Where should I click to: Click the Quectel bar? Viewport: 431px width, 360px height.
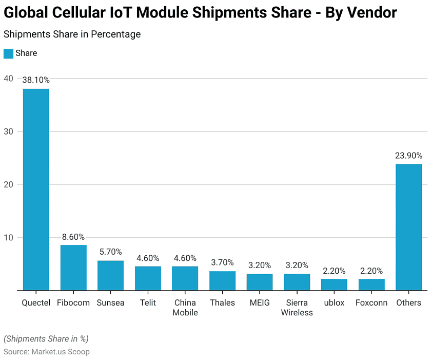[x=36, y=190]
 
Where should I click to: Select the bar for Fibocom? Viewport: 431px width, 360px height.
[x=73, y=268]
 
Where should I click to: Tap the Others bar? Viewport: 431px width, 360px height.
[x=408, y=227]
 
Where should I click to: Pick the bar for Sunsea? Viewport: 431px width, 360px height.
[x=111, y=275]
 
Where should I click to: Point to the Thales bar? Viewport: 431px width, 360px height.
[x=222, y=280]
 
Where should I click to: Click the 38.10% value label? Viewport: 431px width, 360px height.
[x=36, y=80]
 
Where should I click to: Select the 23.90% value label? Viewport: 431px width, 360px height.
[x=408, y=156]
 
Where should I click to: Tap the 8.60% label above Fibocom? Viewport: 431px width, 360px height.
[x=73, y=237]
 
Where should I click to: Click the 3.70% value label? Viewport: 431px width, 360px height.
[x=222, y=262]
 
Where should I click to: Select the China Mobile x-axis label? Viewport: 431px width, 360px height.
[x=185, y=308]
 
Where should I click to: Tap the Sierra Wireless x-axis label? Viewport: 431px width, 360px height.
[x=297, y=308]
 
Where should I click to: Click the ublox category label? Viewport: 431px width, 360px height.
[x=334, y=302]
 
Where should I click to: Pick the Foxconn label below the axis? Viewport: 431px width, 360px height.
[x=371, y=302]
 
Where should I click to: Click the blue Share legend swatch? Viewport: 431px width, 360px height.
[x=8, y=53]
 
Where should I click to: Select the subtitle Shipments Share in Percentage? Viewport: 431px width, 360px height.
[x=72, y=34]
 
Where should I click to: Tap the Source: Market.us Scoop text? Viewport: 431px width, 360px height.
[x=47, y=352]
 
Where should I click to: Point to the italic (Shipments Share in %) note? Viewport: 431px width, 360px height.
[x=46, y=338]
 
